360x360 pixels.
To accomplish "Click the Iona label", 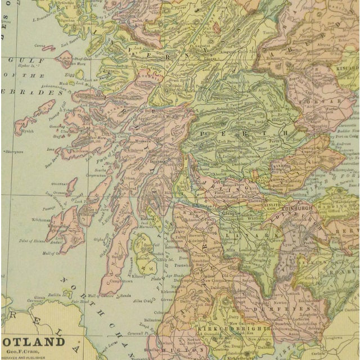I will (51, 150).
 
